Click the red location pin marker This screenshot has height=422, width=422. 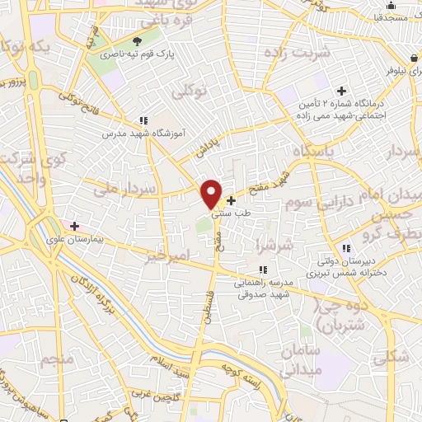tap(212, 194)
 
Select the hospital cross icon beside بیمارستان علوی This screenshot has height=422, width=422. tap(74, 225)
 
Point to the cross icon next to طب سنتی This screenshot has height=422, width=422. tap(231, 200)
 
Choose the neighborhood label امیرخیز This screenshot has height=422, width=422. tap(163, 257)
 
